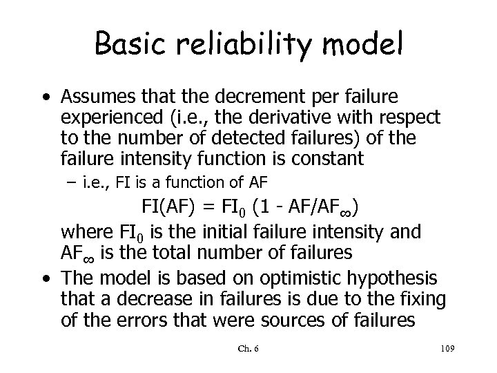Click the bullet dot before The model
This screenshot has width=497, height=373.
click(46, 278)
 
